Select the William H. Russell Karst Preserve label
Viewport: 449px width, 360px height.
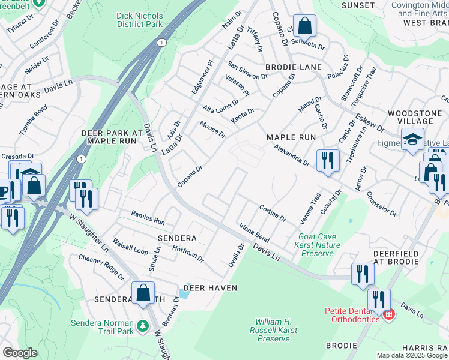pos(273,330)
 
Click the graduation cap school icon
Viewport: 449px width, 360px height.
pos(412,140)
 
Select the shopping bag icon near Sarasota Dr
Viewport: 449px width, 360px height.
pos(305,27)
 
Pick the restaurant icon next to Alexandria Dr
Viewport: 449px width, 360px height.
pos(327,160)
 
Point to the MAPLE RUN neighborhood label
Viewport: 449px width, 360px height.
pos(291,137)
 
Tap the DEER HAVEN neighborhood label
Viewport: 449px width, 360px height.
pos(210,288)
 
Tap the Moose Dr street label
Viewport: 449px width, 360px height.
pos(212,129)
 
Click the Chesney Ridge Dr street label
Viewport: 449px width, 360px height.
pos(101,267)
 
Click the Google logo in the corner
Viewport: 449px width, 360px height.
pos(20,353)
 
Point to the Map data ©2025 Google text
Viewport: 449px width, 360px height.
pos(412,355)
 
